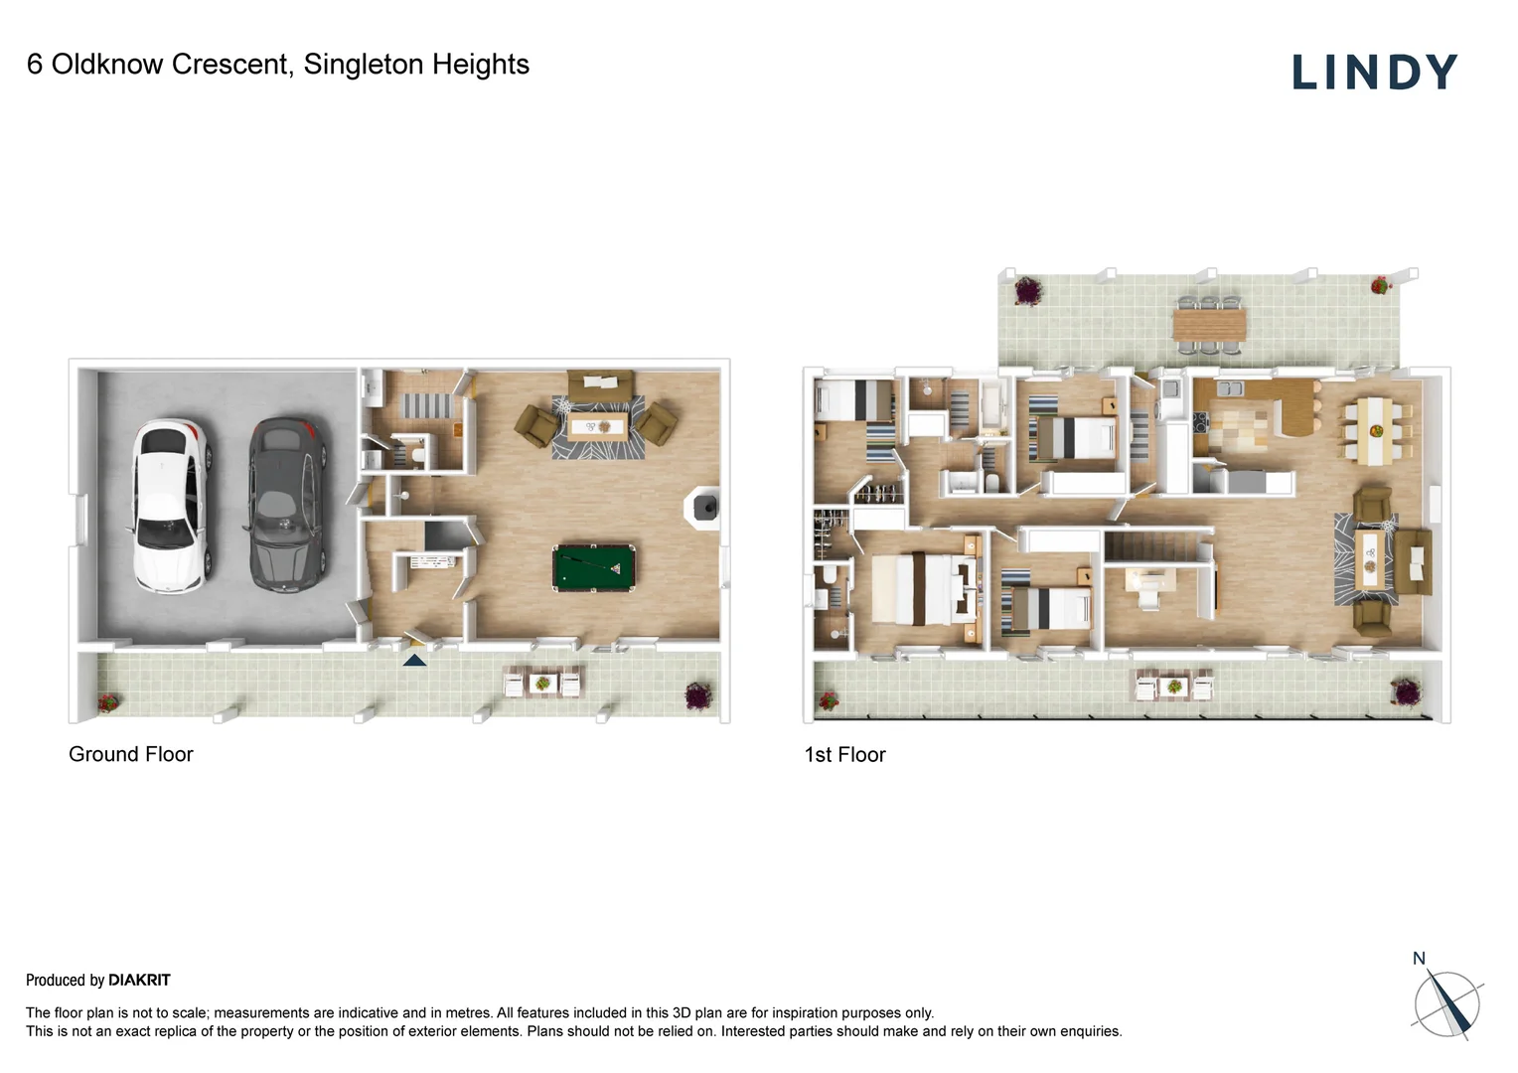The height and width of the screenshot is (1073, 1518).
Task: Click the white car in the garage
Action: [x=171, y=506]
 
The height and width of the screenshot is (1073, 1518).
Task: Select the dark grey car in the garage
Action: [x=287, y=504]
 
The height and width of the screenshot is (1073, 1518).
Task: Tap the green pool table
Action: [x=594, y=567]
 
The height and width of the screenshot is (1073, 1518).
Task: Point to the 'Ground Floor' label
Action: [x=131, y=754]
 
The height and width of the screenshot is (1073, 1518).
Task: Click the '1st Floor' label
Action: [x=844, y=754]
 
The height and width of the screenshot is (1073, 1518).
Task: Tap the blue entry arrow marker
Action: [x=414, y=661]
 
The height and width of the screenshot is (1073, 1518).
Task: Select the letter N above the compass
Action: [x=1419, y=959]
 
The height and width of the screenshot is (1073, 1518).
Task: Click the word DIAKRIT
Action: [x=140, y=981]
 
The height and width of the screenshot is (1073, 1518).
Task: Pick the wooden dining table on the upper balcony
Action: [x=1209, y=324]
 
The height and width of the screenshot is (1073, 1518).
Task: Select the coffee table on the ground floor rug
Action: [x=597, y=427]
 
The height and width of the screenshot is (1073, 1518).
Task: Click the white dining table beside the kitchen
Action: [x=1375, y=430]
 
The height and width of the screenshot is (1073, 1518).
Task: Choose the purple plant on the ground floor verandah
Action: [x=697, y=695]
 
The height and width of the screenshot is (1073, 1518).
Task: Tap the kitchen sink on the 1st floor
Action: [x=1229, y=388]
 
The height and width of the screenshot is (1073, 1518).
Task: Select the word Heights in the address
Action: [x=481, y=65]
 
